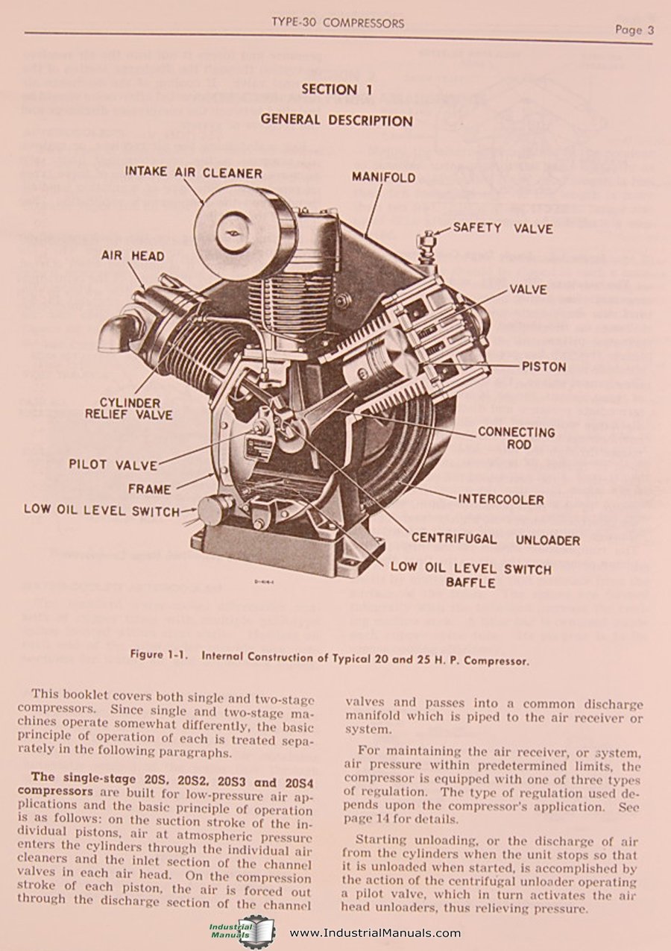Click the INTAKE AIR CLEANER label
193,173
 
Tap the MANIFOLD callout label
383,178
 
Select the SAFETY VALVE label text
503,228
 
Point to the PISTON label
544,367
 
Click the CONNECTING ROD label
516,438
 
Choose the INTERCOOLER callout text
501,500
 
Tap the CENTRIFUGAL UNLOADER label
495,539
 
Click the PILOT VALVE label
113,464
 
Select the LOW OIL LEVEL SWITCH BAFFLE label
470,575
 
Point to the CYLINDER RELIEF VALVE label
129,409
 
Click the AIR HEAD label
133,256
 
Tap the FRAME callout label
149,489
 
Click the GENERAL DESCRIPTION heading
336,120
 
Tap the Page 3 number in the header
634,31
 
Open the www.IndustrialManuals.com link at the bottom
374,933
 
